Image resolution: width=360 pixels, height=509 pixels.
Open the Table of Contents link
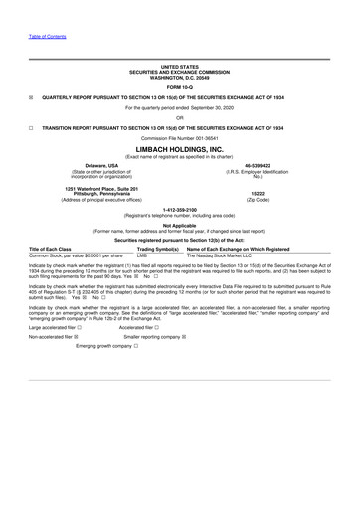(41, 36)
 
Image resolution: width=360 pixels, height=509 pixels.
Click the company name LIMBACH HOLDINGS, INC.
(180, 146)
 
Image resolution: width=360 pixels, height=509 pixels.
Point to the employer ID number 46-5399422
(258, 166)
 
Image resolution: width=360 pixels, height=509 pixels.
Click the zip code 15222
(258, 194)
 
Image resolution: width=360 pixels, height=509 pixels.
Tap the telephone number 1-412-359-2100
(180, 210)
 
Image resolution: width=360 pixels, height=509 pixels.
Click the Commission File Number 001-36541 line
(180, 137)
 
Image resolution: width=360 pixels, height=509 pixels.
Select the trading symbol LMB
(142, 255)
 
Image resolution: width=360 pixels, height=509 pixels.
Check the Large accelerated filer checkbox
(80, 326)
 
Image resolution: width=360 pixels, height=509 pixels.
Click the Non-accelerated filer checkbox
(78, 337)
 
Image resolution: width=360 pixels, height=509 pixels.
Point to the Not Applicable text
(180, 225)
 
